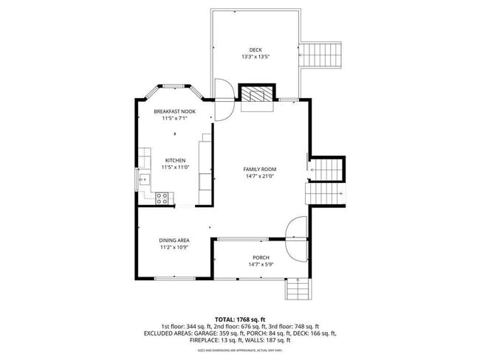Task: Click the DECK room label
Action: point(256,50)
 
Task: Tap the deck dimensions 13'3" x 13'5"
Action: point(256,58)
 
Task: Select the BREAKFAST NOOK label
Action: point(174,111)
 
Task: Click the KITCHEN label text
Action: point(175,160)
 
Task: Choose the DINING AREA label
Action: point(174,240)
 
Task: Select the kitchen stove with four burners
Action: point(162,197)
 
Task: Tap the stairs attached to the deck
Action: point(323,55)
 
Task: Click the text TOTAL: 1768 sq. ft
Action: point(240,318)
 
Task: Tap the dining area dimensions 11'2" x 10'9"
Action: point(174,248)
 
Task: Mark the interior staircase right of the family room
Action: point(326,181)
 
